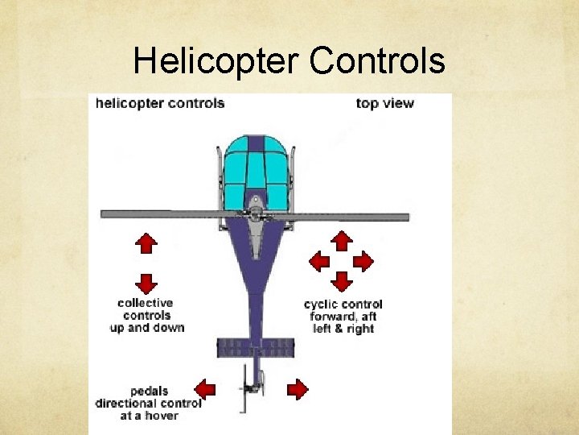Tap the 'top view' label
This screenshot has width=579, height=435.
point(384,103)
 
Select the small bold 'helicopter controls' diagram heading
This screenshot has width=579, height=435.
point(160,103)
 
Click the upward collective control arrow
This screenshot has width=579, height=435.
point(146,242)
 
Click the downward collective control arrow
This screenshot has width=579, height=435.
point(146,283)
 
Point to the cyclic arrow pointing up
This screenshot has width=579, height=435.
point(342,241)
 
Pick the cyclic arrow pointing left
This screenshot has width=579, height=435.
point(320,261)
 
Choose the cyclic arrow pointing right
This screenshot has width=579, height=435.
point(363,261)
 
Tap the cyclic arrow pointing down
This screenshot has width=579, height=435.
point(342,281)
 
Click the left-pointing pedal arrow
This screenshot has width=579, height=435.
point(205,390)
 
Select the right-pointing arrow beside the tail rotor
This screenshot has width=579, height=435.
point(298,390)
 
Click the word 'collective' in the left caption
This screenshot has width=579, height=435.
point(146,303)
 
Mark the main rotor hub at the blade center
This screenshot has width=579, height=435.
point(255,213)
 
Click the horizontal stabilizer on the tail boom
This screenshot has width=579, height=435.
point(255,348)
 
